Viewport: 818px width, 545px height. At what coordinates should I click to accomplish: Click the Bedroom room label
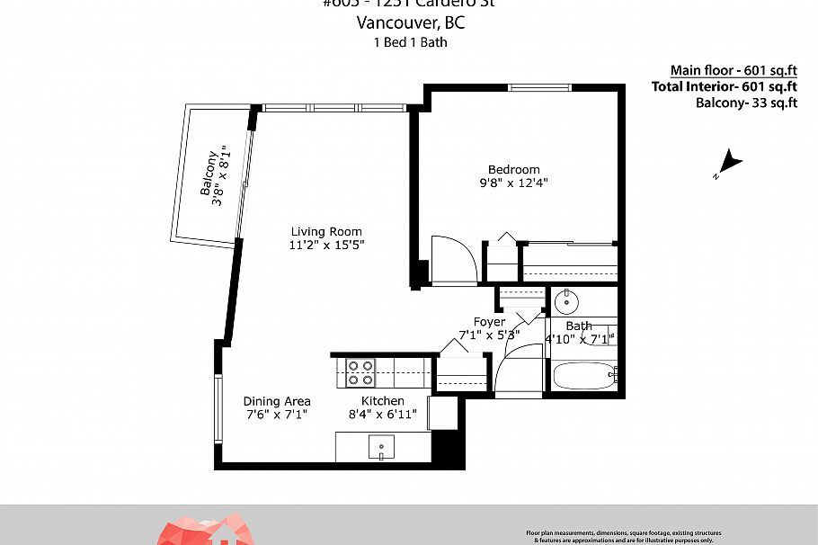click(513, 169)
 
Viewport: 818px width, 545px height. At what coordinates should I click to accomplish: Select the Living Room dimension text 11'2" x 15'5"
click(326, 245)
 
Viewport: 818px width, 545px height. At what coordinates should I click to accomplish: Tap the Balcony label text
click(209, 173)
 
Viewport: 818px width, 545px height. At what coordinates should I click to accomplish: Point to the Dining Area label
click(277, 401)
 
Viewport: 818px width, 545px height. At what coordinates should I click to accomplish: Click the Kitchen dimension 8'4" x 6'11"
click(383, 415)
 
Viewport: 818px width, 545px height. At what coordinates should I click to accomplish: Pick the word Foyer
click(489, 322)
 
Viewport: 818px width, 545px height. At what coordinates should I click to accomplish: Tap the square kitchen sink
click(381, 447)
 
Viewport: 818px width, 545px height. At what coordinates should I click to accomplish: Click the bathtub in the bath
click(582, 375)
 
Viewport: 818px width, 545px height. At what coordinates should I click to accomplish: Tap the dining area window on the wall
click(217, 409)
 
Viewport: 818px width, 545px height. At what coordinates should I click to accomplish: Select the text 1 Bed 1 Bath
click(410, 41)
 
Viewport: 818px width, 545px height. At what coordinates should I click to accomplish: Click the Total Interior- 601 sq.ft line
click(725, 86)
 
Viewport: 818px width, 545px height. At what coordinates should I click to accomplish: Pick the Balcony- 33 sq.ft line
click(746, 103)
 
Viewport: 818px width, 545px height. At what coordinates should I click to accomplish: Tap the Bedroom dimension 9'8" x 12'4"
click(513, 183)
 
